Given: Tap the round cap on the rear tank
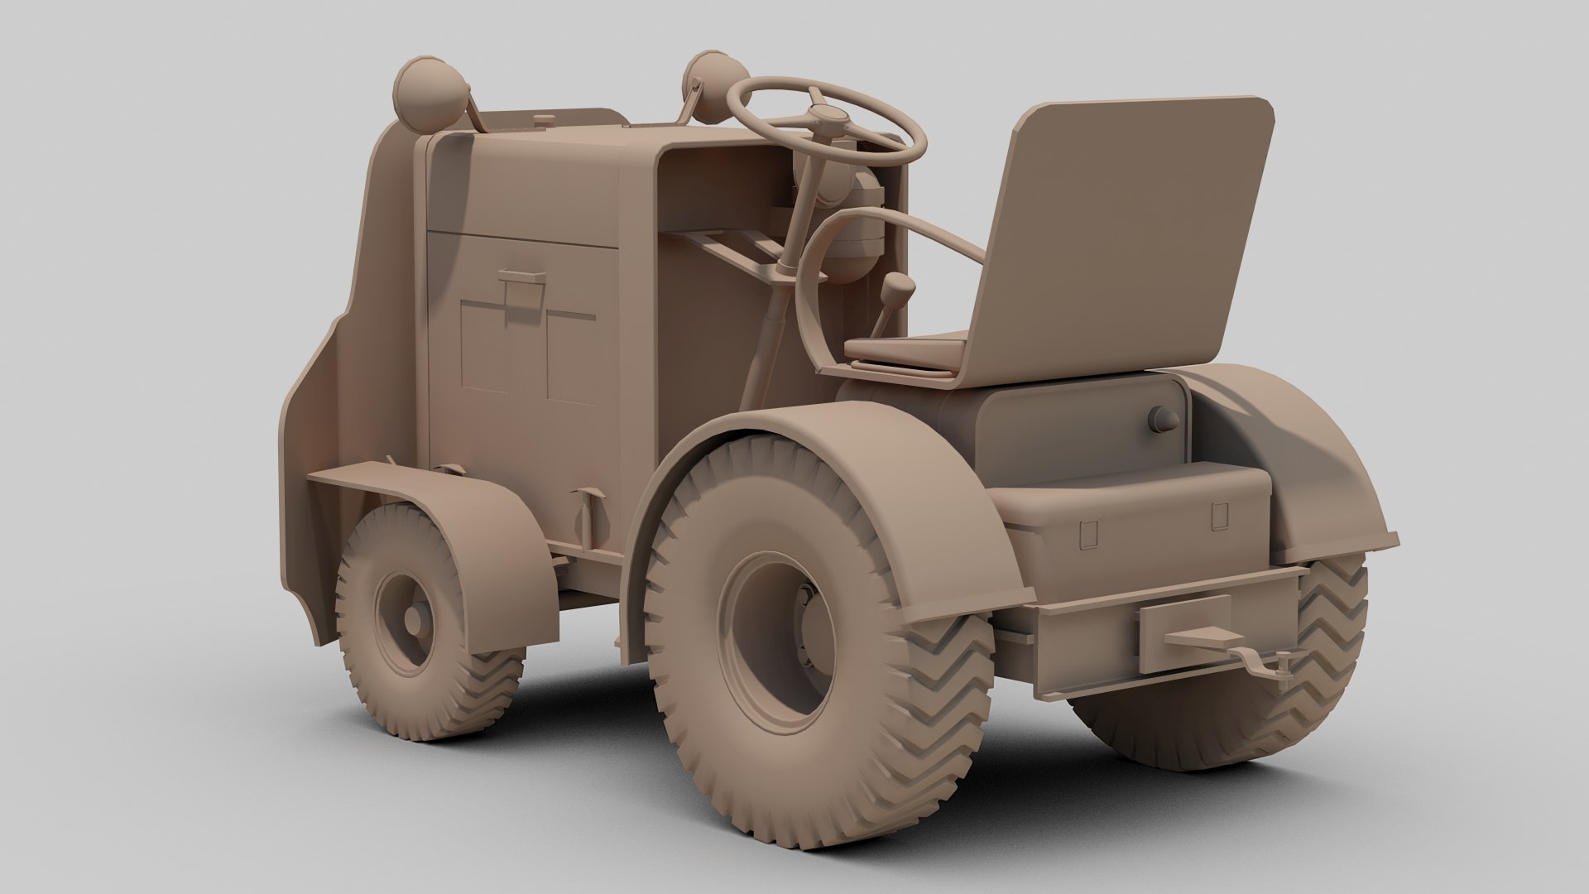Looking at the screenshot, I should pos(1162,420).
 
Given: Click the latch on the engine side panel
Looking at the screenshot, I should pos(521,286).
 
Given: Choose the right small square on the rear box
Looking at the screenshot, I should pos(1218,517).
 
